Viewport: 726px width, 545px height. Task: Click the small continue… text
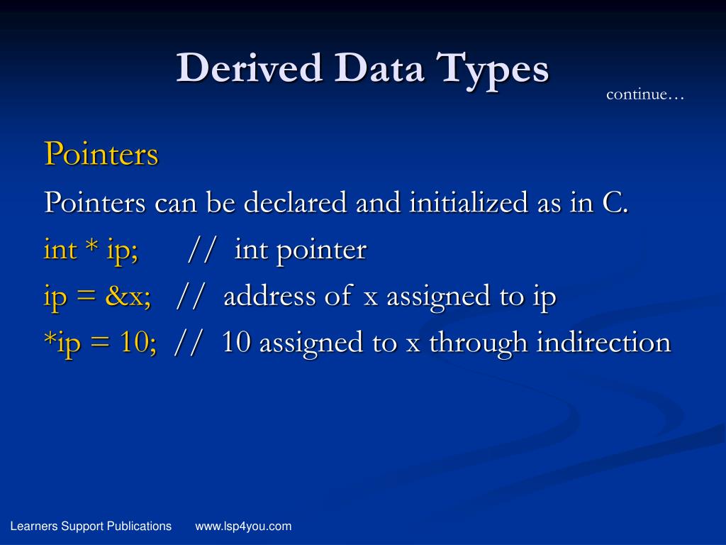tap(645, 94)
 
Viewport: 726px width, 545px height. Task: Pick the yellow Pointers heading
tap(101, 153)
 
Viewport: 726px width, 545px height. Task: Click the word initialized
tap(466, 203)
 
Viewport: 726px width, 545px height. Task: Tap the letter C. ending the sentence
tap(615, 203)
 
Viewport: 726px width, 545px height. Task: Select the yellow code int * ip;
tap(91, 250)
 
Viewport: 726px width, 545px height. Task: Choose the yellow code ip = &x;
tap(97, 297)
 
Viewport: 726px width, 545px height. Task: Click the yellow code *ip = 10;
tap(100, 343)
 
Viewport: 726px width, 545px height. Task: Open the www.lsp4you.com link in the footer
tap(243, 526)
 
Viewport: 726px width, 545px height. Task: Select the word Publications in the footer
tap(139, 526)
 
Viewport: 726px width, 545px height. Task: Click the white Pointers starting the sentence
tap(95, 203)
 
